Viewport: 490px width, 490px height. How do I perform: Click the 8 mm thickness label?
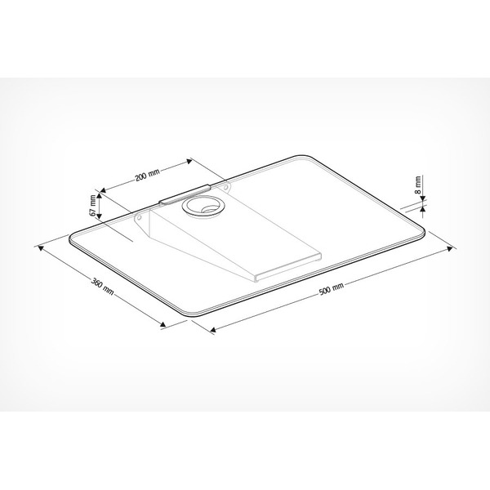click(x=417, y=185)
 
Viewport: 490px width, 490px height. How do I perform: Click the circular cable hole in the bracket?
click(x=201, y=205)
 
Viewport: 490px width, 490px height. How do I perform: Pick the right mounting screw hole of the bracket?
click(x=225, y=189)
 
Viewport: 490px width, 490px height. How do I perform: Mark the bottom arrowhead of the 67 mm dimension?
click(x=98, y=220)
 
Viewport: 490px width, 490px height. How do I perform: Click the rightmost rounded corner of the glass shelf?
click(x=421, y=231)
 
